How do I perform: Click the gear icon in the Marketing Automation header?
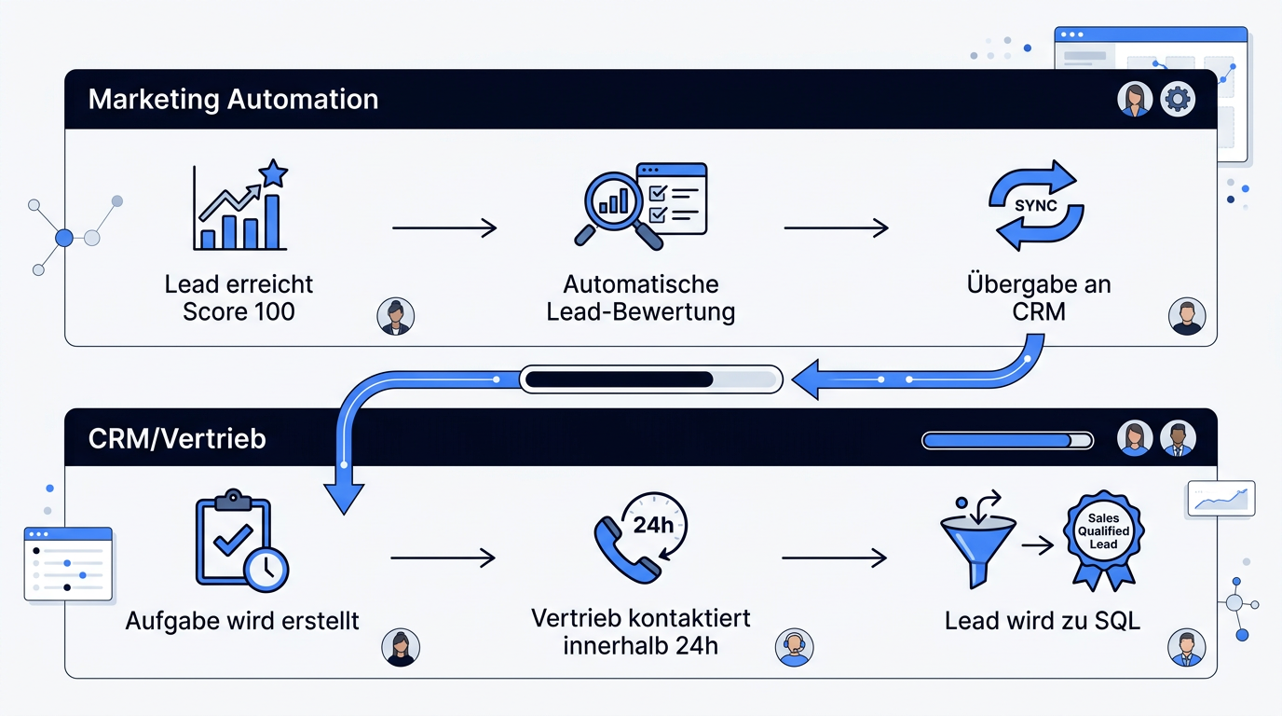pyautogui.click(x=1178, y=99)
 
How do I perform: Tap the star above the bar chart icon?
pyautogui.click(x=273, y=173)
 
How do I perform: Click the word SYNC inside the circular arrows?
pyautogui.click(x=1036, y=205)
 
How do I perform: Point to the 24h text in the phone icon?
pyautogui.click(x=653, y=525)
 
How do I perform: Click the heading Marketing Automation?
pyautogui.click(x=233, y=99)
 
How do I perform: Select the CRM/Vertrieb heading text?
pyautogui.click(x=177, y=439)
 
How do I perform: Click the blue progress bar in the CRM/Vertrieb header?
pyautogui.click(x=1007, y=440)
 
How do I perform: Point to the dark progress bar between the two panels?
pyautogui.click(x=650, y=379)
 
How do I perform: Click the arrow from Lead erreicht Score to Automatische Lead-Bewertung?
pyautogui.click(x=444, y=228)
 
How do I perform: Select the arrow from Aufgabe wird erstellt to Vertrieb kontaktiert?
pyautogui.click(x=443, y=558)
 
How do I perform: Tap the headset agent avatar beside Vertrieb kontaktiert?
pyautogui.click(x=794, y=647)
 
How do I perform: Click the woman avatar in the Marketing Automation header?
pyautogui.click(x=1135, y=99)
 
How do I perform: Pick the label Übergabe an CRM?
pyautogui.click(x=1039, y=297)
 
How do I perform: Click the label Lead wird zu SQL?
pyautogui.click(x=1043, y=621)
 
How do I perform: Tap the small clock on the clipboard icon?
pyautogui.click(x=266, y=569)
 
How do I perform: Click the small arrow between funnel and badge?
pyautogui.click(x=1038, y=545)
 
